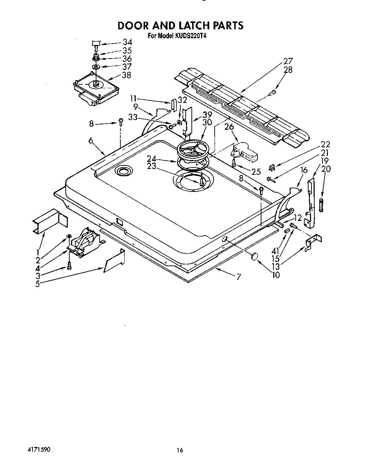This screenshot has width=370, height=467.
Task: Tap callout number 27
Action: click(x=288, y=61)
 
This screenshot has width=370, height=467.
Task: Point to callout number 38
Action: click(x=126, y=75)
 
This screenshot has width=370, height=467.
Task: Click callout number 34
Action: click(x=127, y=42)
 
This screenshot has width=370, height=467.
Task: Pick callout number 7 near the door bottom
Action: click(x=238, y=276)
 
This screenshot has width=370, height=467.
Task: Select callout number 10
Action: click(x=275, y=274)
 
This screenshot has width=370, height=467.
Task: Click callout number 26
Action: click(x=229, y=126)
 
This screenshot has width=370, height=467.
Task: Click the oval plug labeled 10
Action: click(x=255, y=256)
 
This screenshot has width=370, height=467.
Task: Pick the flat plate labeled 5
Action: click(x=114, y=262)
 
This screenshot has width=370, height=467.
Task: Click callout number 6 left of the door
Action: click(x=91, y=141)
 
